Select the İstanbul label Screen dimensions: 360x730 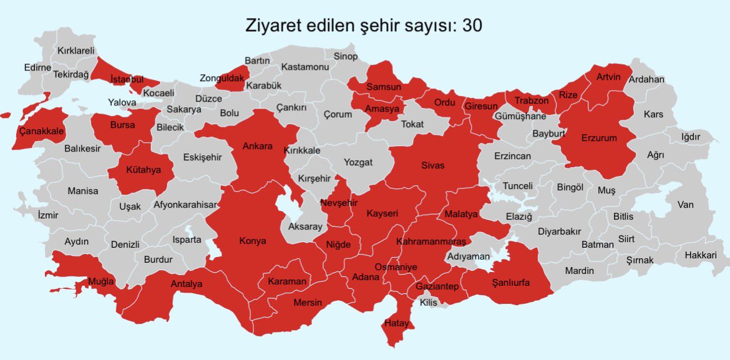(x=127, y=79)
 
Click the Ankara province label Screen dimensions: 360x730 (x=258, y=146)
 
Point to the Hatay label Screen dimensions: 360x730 (x=396, y=323)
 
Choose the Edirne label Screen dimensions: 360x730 (x=37, y=67)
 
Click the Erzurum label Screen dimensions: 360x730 (x=598, y=138)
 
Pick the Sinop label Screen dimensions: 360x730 (x=346, y=57)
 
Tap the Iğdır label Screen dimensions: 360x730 (x=691, y=137)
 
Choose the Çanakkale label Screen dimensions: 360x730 (x=42, y=131)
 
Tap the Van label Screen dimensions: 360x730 (x=686, y=204)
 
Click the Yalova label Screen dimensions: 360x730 (x=122, y=102)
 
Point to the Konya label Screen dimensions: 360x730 (x=253, y=241)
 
